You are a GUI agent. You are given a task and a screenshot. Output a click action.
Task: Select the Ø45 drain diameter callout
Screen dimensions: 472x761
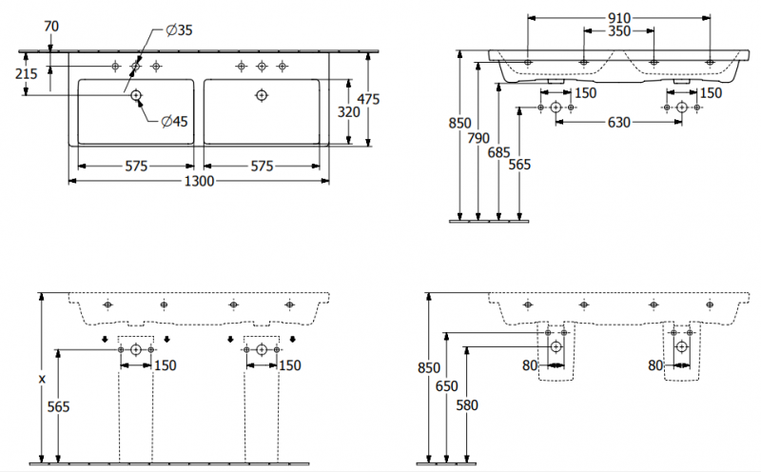(173, 121)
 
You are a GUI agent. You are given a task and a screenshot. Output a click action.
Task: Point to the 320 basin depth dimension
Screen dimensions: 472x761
(349, 112)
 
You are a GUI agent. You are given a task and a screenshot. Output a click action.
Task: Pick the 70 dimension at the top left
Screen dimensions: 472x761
(51, 27)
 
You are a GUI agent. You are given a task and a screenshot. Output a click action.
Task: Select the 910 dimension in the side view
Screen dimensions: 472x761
(617, 17)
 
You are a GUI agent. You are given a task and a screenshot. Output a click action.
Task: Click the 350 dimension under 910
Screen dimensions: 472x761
(617, 31)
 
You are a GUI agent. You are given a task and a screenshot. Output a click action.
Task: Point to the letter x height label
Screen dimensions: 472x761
(41, 379)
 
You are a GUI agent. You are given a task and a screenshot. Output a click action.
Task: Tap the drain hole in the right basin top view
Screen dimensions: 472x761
(262, 95)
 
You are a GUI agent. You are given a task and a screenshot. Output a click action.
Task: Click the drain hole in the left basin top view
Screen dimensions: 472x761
(136, 95)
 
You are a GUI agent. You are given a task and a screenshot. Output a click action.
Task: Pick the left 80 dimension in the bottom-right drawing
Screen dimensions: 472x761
(528, 364)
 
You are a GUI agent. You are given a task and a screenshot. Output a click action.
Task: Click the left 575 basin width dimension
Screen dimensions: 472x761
(136, 166)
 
